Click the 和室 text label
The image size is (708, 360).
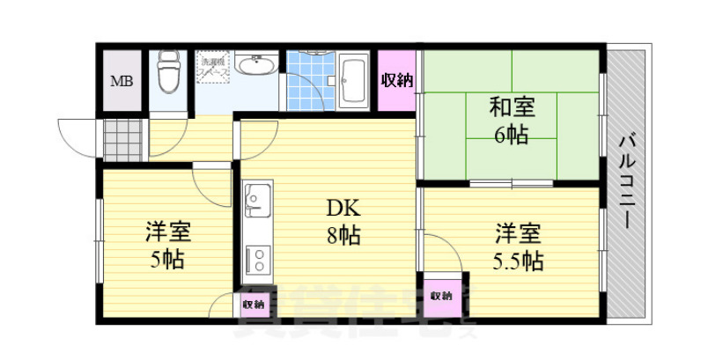tap(512, 108)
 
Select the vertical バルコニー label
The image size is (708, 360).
tap(627, 180)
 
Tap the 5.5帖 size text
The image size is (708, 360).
tap(518, 261)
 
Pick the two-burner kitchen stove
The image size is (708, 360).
tap(258, 256)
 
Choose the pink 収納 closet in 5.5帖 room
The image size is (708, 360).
tap(441, 296)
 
